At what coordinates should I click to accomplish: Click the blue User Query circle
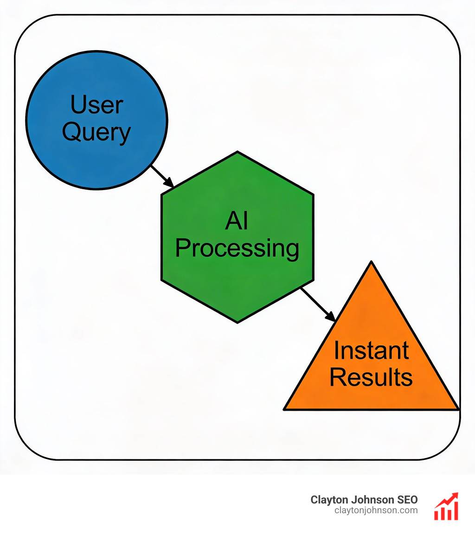click(96, 153)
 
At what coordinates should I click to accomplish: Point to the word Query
click(96, 132)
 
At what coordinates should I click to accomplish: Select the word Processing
click(237, 248)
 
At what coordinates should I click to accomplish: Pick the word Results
click(371, 377)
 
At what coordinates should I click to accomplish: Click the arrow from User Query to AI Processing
click(162, 176)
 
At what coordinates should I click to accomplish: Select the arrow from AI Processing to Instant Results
click(318, 304)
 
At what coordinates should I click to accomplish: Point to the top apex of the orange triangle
click(371, 262)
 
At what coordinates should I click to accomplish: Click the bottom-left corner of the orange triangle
click(285, 409)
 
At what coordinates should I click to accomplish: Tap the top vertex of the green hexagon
click(237, 152)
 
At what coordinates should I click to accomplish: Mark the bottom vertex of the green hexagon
click(237, 322)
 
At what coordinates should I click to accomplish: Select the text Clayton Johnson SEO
click(364, 500)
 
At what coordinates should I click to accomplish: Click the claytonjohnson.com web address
click(376, 510)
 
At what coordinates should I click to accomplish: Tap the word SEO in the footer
click(407, 500)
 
